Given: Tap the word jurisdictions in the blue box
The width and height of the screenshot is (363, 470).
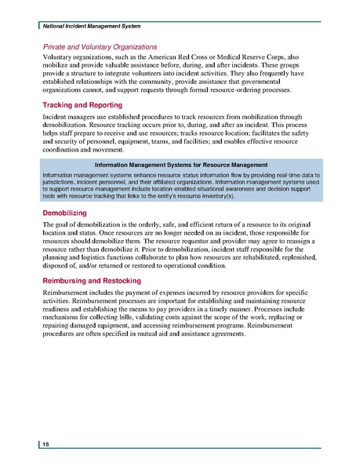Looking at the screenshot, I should coord(60,181).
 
